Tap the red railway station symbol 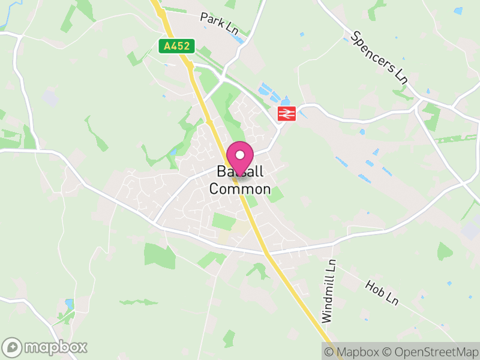click(x=286, y=113)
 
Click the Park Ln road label click(x=219, y=23)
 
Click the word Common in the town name click(x=240, y=190)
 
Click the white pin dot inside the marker click(x=240, y=155)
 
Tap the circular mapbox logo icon click(x=13, y=347)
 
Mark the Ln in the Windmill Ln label click(x=329, y=266)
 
